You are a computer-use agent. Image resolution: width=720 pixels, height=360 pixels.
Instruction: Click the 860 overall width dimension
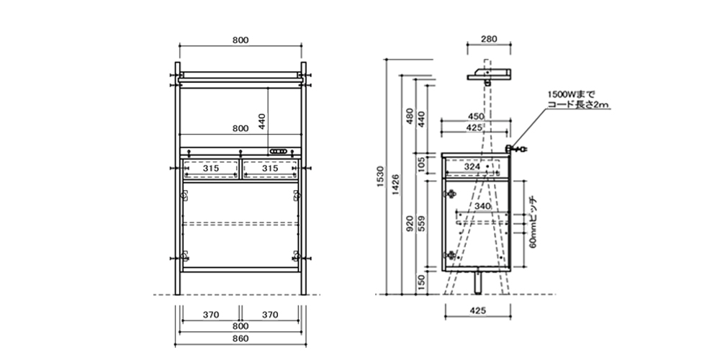240,338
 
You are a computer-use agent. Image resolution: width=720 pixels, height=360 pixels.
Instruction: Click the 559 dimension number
423,226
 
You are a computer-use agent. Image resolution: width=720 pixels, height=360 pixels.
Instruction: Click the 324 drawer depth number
472,167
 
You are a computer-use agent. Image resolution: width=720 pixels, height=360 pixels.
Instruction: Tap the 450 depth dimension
475,116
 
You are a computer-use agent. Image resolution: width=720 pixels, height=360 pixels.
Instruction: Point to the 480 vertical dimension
410,117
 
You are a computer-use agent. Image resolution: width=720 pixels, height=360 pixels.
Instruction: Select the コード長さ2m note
578,104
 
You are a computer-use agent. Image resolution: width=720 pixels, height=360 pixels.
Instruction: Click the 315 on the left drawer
210,168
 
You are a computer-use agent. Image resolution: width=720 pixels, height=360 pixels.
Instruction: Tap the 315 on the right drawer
269,168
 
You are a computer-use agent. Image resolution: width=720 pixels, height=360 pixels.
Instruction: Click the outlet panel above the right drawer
281,151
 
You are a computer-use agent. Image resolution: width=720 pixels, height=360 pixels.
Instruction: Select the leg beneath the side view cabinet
477,282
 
